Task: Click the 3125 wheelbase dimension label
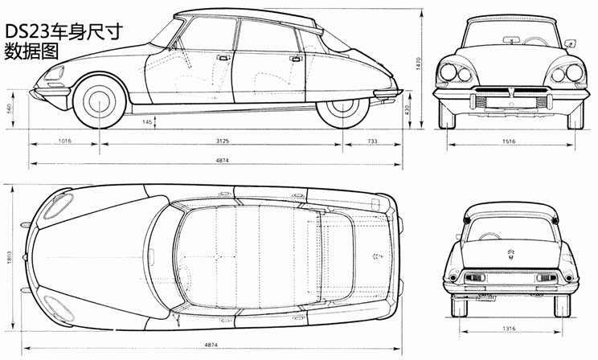[x=223, y=141]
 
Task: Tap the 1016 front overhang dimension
[x=65, y=141]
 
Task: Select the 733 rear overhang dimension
[x=372, y=141]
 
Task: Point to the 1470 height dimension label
[x=418, y=63]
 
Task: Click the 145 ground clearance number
[x=147, y=122]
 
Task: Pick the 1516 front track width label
[x=509, y=141]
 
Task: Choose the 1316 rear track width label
[x=509, y=328]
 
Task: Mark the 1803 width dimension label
[x=9, y=256]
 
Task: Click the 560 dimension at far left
[x=9, y=109]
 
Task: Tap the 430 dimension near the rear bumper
[x=407, y=110]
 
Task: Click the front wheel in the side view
[x=100, y=101]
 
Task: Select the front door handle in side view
[x=223, y=58]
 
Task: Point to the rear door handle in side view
[x=296, y=59]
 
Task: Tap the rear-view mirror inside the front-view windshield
[x=511, y=39]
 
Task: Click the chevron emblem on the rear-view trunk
[x=511, y=253]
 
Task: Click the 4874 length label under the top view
[x=211, y=345]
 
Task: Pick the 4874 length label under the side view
[x=223, y=160]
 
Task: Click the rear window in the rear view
[x=511, y=229]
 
